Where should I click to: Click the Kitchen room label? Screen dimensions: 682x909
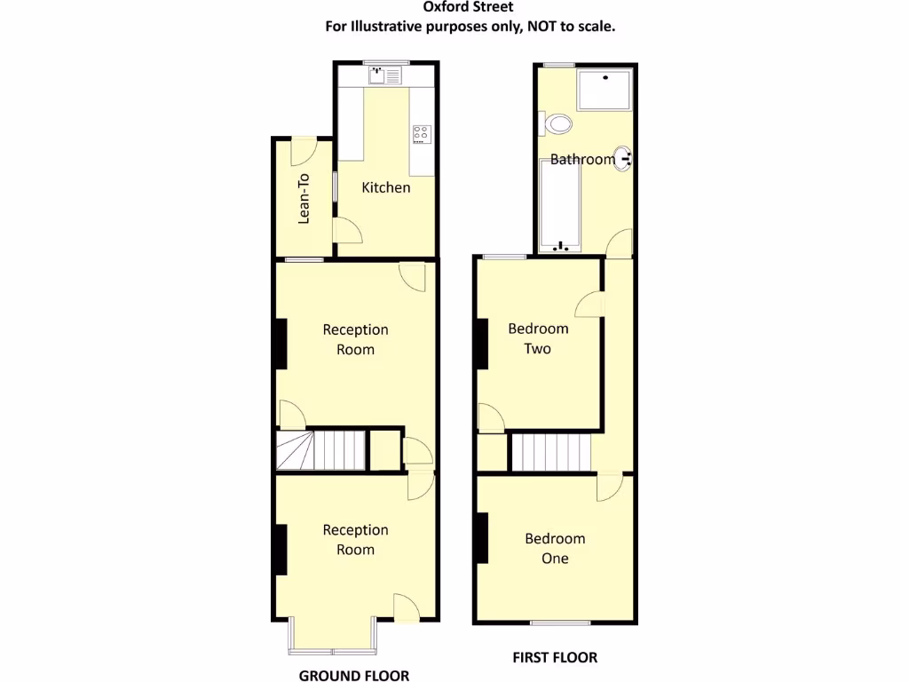pos(385,187)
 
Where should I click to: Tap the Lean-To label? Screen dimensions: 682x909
pos(304,197)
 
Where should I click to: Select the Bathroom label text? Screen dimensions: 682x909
pos(581,160)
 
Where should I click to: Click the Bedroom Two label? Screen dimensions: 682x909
pos(537,338)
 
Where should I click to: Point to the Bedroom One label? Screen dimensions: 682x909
pos(555,548)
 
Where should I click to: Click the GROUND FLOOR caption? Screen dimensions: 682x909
pos(353,675)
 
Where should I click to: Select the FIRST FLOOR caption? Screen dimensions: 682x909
pos(555,657)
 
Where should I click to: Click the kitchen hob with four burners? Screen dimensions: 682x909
pos(421,134)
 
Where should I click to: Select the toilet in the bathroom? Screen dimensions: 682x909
pos(557,123)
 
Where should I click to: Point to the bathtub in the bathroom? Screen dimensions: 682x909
pos(559,205)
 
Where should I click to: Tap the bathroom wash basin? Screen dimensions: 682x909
pos(624,159)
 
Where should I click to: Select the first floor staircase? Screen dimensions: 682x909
pos(551,453)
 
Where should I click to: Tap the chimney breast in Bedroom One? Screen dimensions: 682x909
pos(482,538)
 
